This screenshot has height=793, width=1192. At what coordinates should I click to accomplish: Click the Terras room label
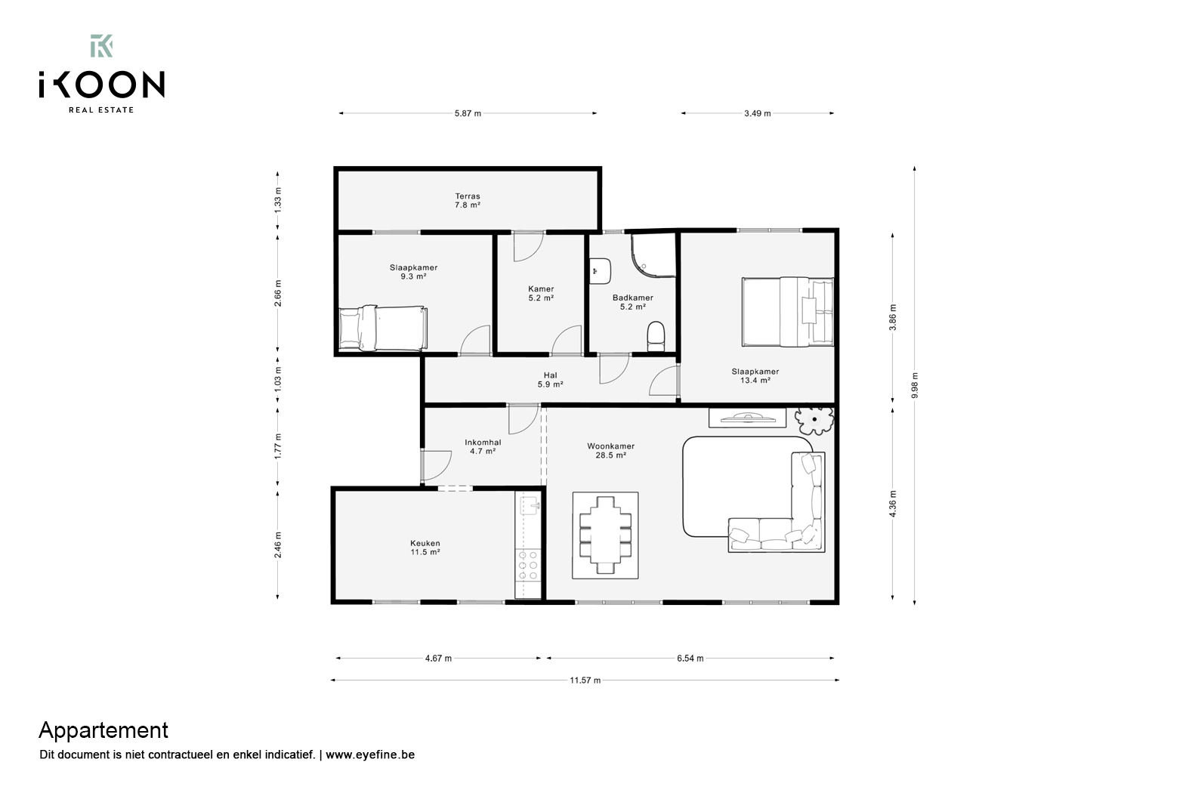(468, 196)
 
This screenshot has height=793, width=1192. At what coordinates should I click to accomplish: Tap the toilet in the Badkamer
(656, 336)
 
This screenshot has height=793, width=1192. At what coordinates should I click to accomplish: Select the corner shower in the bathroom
(653, 255)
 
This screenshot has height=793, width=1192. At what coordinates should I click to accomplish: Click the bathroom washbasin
(601, 271)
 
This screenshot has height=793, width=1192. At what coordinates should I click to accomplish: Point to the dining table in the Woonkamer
(605, 535)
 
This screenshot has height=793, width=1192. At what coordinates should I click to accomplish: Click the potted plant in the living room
(814, 420)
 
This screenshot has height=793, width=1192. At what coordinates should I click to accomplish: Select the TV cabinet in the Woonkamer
(747, 418)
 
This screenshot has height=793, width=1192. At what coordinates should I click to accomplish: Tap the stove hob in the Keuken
(529, 565)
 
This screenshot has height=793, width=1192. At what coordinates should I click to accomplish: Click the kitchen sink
(530, 505)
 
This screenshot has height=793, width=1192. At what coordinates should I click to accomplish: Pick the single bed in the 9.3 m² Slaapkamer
(383, 328)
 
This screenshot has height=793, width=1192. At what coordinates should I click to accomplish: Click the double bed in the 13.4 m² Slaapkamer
(788, 311)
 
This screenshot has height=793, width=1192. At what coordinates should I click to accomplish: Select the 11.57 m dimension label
(585, 680)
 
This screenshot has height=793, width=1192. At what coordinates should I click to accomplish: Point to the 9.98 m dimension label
(915, 385)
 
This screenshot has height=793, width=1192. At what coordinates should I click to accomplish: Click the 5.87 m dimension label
(468, 113)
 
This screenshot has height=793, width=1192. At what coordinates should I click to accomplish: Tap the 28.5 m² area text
(610, 455)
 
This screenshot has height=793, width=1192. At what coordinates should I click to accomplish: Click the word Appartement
(103, 730)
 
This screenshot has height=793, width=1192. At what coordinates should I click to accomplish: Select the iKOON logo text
(102, 85)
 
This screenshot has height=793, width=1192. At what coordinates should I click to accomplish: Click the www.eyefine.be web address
(370, 754)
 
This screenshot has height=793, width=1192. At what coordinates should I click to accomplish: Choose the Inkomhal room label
(483, 443)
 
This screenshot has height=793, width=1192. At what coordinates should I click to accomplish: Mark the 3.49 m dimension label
(757, 113)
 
